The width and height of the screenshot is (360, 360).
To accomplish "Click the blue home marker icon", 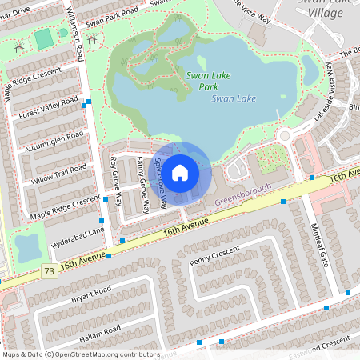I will [180, 171].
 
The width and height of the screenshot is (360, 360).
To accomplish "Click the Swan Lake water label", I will [234, 98].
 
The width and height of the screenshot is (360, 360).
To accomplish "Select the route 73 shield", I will [49, 273].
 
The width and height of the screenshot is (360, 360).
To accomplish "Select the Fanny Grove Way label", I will [142, 185].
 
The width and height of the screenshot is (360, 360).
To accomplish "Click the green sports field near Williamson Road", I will [44, 38].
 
